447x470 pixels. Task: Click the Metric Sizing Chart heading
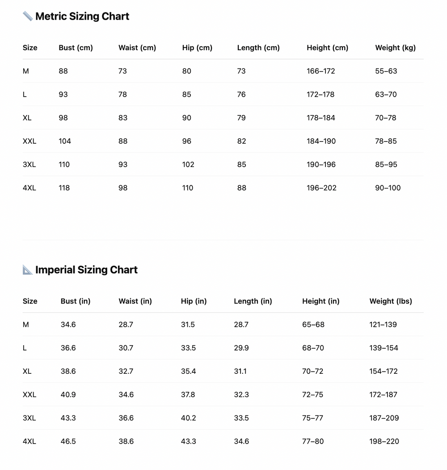click(82, 17)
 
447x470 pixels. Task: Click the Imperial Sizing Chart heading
click(86, 270)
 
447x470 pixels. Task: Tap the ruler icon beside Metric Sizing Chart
click(28, 17)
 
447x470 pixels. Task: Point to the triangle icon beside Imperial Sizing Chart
click(28, 270)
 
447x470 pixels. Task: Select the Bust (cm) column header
click(76, 48)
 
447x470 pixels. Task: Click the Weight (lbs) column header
click(391, 301)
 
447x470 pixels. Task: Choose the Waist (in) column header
click(135, 301)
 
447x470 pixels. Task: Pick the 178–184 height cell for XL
click(320, 118)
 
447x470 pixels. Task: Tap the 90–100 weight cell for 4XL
click(388, 188)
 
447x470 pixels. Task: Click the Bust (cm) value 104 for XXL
click(65, 141)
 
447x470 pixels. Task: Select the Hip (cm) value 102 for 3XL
click(188, 165)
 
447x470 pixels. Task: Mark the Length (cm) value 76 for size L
click(241, 94)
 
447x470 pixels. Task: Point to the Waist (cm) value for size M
click(122, 71)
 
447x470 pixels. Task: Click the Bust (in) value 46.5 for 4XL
click(68, 441)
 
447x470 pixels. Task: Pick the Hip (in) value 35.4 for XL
click(188, 372)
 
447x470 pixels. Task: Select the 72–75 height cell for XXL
click(312, 395)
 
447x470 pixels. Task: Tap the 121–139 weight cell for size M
click(383, 325)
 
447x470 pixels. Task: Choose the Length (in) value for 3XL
click(241, 418)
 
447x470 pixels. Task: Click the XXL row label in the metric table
click(30, 141)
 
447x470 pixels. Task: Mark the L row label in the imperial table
click(25, 348)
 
